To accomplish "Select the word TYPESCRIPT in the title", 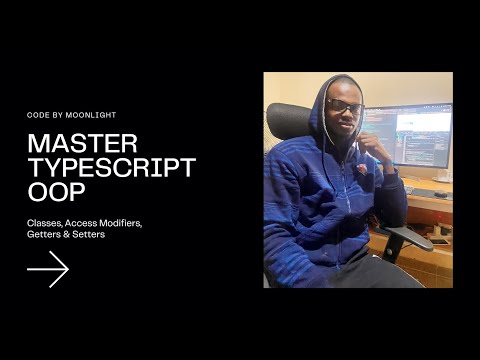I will (x=111, y=167).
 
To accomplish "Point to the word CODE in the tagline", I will (x=38, y=115).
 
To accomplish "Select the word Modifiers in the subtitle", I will (x=118, y=222).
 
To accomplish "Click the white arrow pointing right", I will (x=48, y=269).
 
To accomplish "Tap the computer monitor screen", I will (x=410, y=135).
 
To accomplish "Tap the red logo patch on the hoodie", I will (x=361, y=168).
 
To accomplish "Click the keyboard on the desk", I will (x=426, y=187).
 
